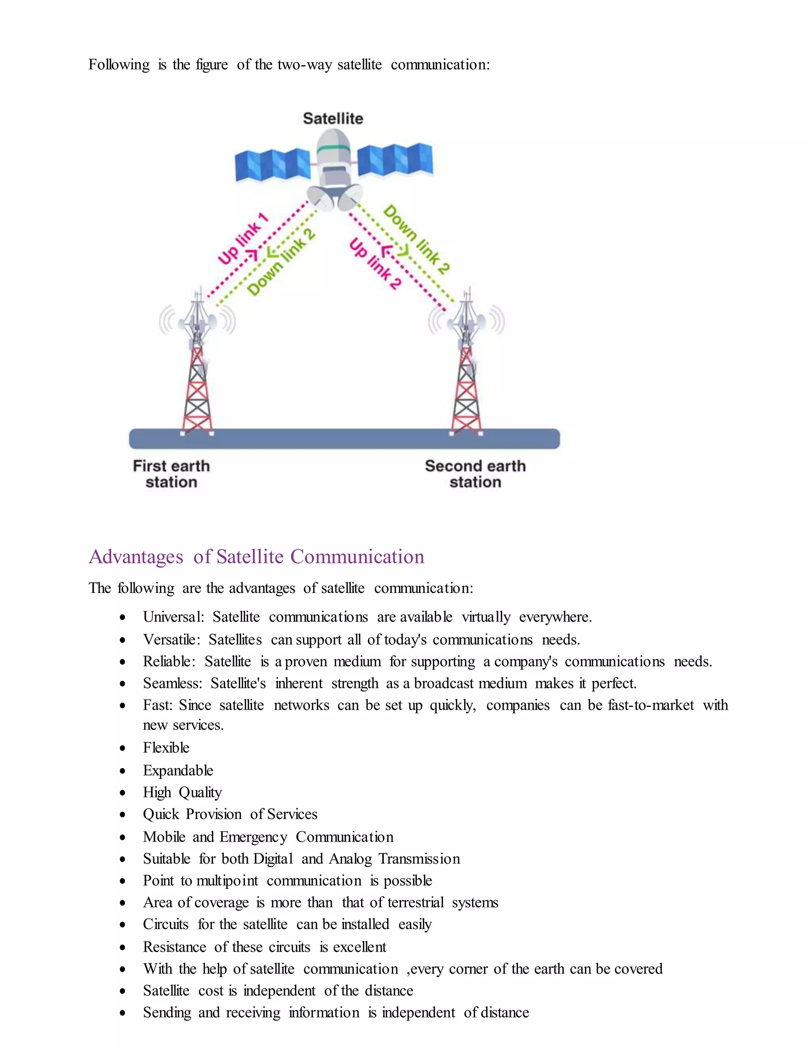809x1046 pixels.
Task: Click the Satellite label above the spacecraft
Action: (333, 118)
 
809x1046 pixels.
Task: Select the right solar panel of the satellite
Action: (395, 160)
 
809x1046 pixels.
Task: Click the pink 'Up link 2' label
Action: (375, 264)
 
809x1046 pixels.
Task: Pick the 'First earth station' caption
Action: (171, 474)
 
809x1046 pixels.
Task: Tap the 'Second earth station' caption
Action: (475, 474)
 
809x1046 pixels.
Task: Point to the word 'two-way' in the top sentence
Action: (305, 65)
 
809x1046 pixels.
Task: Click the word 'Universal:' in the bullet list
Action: (173, 617)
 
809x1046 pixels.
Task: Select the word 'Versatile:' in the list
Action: (171, 639)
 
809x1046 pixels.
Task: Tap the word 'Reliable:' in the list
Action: (169, 662)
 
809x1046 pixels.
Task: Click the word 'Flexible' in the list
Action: (166, 748)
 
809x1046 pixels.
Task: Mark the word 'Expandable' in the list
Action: (178, 770)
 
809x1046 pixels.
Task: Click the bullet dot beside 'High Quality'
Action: (123, 793)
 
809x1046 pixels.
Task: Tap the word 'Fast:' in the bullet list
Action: (157, 705)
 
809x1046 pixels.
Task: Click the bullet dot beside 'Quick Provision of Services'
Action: (123, 815)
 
